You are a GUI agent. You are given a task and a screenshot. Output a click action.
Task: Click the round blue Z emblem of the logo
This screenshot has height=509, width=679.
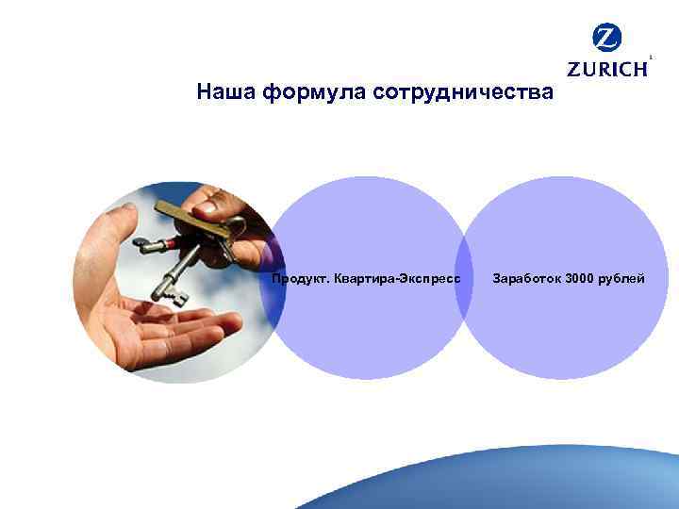(x=607, y=39)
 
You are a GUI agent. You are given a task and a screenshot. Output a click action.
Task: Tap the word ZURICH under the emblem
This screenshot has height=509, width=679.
(x=607, y=69)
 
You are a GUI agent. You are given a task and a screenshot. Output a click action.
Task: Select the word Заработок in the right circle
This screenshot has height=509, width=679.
(x=527, y=279)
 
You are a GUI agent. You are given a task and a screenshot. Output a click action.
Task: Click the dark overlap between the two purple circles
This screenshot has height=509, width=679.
(x=463, y=279)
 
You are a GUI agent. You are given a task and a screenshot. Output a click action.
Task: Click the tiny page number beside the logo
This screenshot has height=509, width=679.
(x=652, y=57)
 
